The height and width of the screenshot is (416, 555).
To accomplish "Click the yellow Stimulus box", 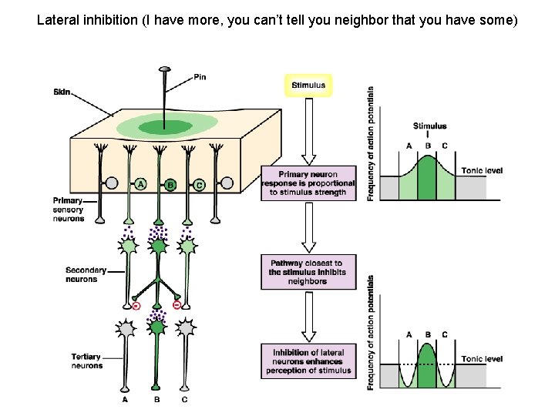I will pos(308,85).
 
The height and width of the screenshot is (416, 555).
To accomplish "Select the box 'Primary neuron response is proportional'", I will pos(308,183).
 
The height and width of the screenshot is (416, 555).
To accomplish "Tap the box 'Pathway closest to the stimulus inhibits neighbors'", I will pos(308,272).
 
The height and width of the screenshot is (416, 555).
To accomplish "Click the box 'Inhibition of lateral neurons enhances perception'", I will pos(308,361).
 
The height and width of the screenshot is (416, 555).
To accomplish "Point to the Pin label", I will pos(199,77).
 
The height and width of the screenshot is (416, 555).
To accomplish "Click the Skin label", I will pos(62,92).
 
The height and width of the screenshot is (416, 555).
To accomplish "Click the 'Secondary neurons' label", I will pos(81,275).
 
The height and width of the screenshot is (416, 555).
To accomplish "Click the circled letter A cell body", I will pos(140,184).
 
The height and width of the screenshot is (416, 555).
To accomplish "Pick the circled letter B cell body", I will pos(170,185).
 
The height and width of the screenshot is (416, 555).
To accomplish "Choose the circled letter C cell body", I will pos(199,184).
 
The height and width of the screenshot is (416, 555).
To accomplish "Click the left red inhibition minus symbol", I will pos(136,306).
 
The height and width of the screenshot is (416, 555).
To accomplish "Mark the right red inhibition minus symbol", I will pos(177,306).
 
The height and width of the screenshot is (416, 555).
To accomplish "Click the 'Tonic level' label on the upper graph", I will pos(482,169).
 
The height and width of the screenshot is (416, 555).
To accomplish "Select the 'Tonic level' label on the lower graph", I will pos(482,359).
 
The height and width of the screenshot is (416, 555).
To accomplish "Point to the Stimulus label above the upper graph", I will pos(429,126).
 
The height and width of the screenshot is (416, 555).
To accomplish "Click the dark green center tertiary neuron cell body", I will pos(157,328).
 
